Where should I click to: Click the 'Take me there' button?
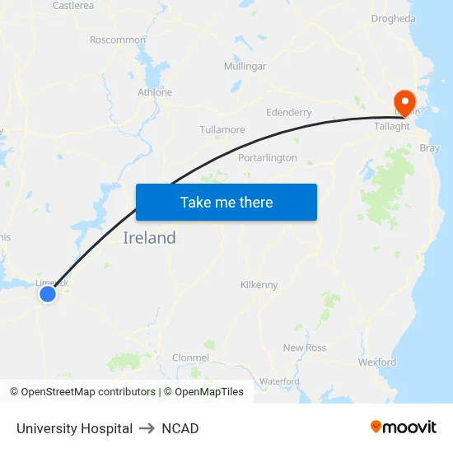coord(226,202)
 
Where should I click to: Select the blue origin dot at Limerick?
coord(48,293)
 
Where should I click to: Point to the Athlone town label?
coord(155,92)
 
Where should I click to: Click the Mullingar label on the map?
coord(245,66)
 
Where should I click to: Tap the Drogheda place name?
coord(393,18)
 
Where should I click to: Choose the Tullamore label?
coord(222,129)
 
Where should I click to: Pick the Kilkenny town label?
coord(259,284)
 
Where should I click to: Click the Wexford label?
coord(377,362)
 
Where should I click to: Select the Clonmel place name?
coord(190,357)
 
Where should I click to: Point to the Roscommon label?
coord(118,40)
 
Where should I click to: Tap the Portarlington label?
coord(268,157)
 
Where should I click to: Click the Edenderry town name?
coord(289,112)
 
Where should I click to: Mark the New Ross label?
coord(305,348)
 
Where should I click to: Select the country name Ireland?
coord(149,238)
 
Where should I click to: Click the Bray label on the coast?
coord(430,148)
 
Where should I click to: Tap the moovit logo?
coord(403,427)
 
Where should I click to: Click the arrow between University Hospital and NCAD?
coord(147,428)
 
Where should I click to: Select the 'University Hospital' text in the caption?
coord(74,428)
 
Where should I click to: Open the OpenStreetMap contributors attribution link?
coord(88,392)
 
